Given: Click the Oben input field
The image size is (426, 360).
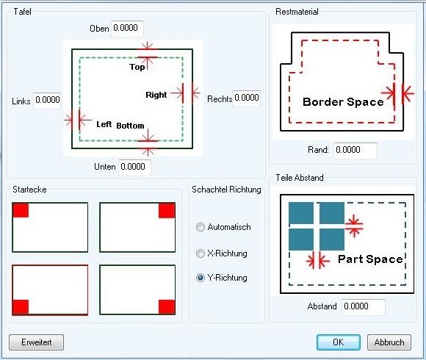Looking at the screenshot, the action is [x=127, y=29].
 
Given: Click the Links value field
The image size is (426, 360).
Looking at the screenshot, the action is [x=47, y=101].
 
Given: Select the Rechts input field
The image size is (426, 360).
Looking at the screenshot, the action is [x=246, y=98].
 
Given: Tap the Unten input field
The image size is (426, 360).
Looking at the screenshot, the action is [x=134, y=168].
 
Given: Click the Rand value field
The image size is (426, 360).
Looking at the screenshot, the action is [x=355, y=151].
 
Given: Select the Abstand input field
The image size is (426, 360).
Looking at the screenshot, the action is [x=364, y=307].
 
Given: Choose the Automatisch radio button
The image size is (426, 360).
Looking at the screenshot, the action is [x=201, y=227].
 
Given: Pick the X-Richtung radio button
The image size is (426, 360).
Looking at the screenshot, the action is [x=201, y=253].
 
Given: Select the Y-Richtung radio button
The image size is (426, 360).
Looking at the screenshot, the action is [x=201, y=278].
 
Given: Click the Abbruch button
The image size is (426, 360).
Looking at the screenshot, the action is [x=389, y=342].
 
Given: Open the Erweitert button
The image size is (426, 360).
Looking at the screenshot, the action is [x=37, y=342].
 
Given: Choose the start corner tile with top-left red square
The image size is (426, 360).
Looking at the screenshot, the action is [x=50, y=228].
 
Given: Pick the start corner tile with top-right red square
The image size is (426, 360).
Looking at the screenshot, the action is [x=137, y=228].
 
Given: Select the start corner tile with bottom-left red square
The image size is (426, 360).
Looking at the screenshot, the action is [x=50, y=290].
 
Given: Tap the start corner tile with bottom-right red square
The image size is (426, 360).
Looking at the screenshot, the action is [x=137, y=290].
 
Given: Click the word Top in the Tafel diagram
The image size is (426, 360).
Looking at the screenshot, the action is [x=137, y=67].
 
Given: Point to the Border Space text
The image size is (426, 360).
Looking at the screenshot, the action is [x=343, y=102].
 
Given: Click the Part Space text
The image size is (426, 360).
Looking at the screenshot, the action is [x=370, y=259].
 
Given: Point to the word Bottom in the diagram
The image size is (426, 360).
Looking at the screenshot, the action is [x=130, y=126].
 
